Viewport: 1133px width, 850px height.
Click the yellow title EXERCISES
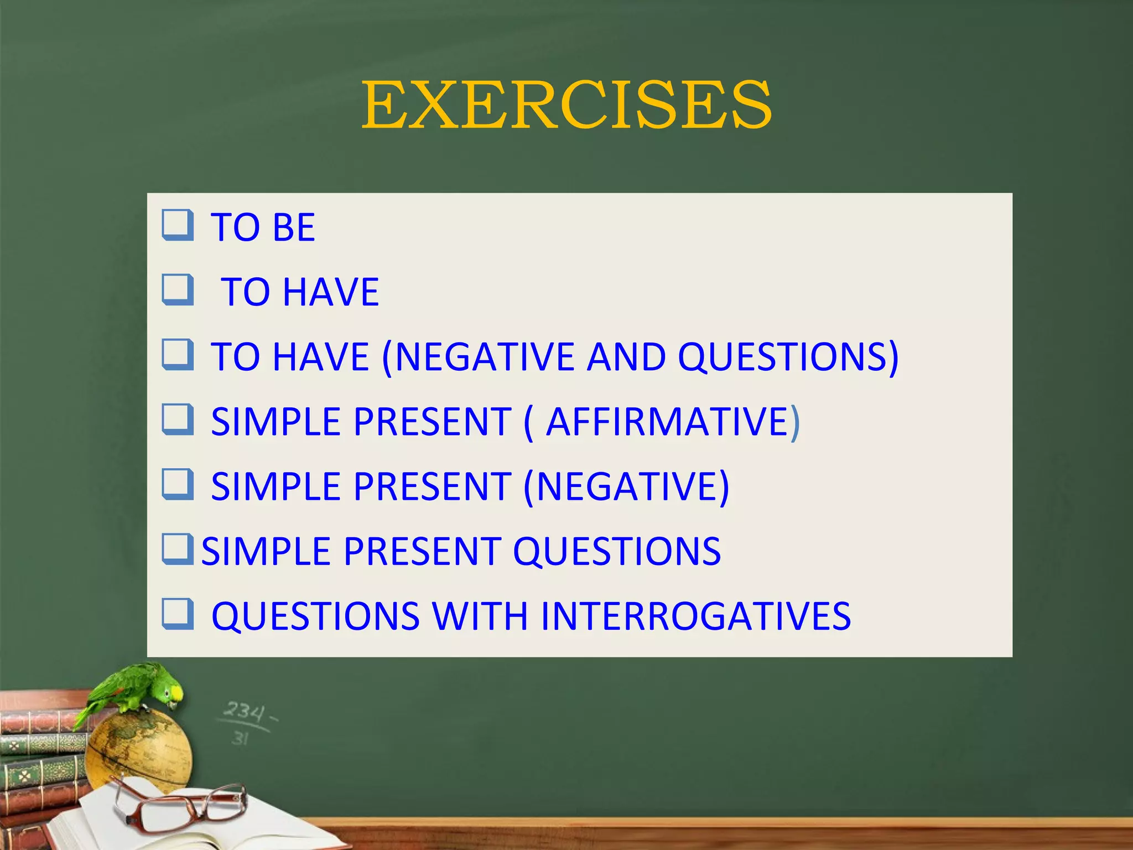566,105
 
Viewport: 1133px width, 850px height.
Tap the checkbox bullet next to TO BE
178,225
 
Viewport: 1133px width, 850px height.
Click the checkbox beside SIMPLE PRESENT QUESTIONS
178,549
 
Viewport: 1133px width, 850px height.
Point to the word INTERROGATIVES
695,616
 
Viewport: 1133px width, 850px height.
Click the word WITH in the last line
480,616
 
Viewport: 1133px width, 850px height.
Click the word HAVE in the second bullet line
330,292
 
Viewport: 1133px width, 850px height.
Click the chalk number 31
240,738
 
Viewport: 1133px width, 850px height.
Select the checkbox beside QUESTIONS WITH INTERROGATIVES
178,614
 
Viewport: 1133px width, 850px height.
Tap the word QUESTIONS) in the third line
788,357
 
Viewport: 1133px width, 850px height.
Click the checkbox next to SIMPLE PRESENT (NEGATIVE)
178,484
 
